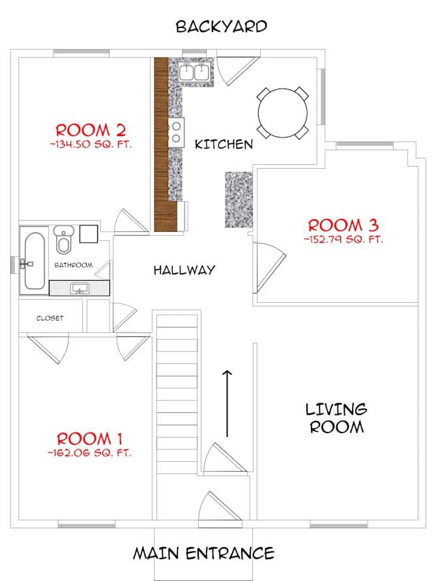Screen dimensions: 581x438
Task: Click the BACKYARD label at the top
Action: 221,27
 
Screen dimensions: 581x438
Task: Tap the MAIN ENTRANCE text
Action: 203,554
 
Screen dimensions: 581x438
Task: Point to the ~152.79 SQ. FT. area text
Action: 343,239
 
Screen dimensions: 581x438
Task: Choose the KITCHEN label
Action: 224,145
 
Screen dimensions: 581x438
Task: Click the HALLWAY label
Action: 184,270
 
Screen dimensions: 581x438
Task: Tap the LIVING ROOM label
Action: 336,418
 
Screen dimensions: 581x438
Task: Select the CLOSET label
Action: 50,318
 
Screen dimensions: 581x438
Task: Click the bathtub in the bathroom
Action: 33,259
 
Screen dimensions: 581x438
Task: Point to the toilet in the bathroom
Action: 63,240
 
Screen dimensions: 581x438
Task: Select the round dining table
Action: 283,113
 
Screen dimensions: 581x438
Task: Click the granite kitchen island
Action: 239,199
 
